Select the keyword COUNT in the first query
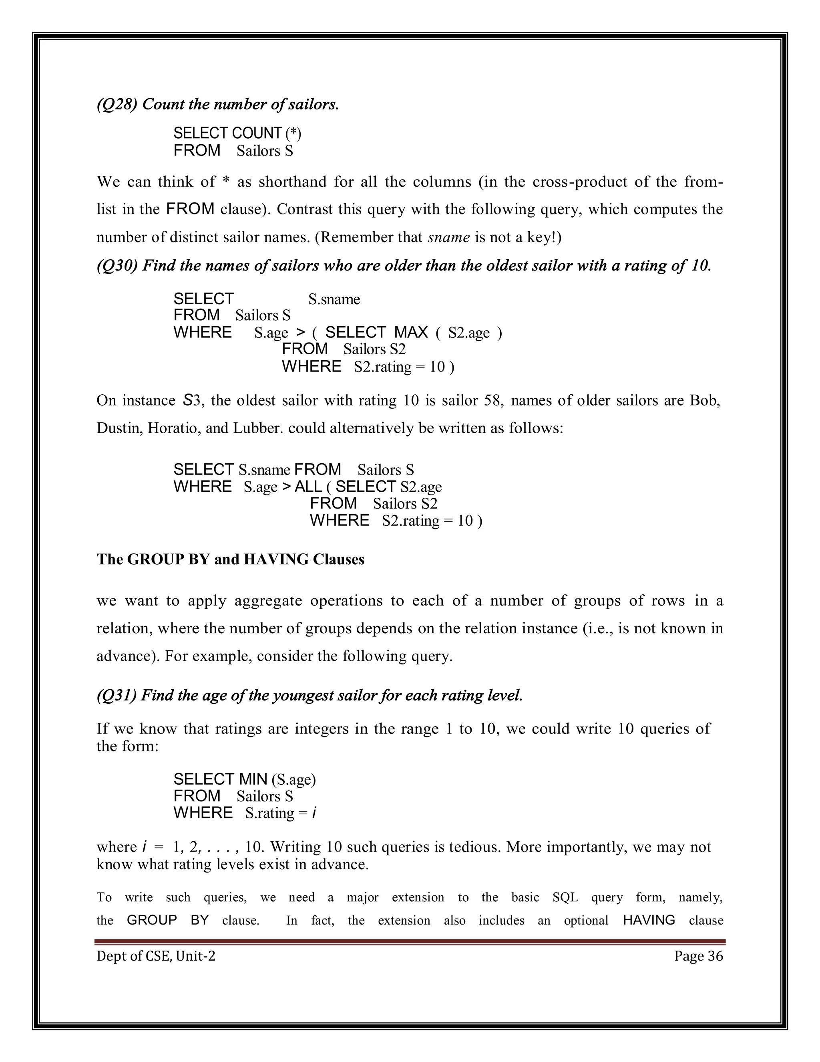[257, 133]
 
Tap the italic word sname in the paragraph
[448, 237]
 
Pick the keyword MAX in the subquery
[410, 333]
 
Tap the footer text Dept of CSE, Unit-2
[155, 956]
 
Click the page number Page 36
[698, 956]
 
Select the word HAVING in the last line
[649, 920]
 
